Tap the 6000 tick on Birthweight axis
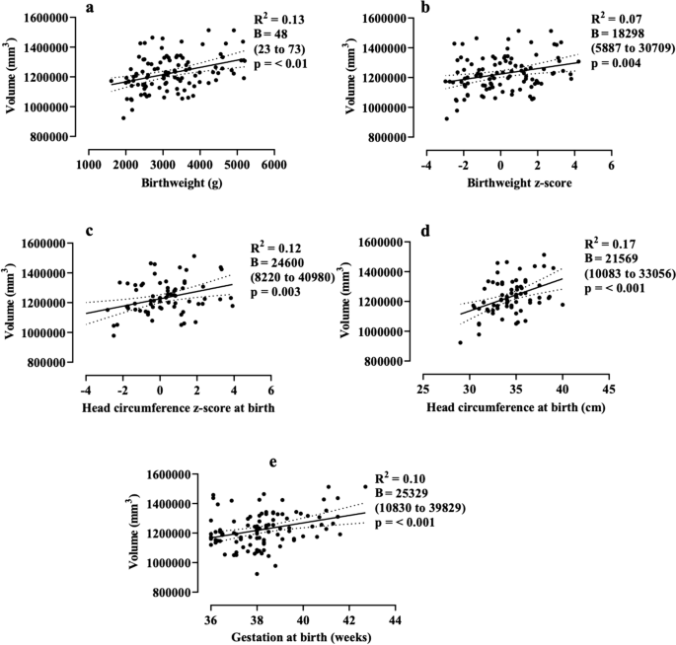(273, 165)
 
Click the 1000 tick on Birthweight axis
(88, 165)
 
